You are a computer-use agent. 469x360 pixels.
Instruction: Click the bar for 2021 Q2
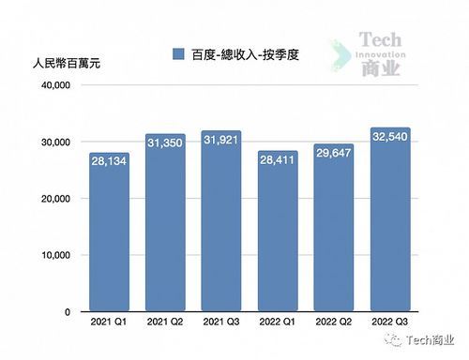click(x=165, y=225)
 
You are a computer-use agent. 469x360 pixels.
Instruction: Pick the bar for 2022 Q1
click(x=278, y=234)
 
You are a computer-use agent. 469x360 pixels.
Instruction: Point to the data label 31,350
click(x=165, y=143)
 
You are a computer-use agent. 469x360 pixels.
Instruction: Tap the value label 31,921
click(x=221, y=141)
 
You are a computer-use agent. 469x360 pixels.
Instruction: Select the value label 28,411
click(x=278, y=160)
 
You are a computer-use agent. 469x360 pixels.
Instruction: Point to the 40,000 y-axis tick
click(x=53, y=85)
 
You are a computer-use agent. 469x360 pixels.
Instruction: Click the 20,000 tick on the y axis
click(x=53, y=199)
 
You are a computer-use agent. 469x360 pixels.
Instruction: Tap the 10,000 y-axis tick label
click(x=53, y=255)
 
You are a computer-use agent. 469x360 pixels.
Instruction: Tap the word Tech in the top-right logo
click(x=383, y=41)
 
